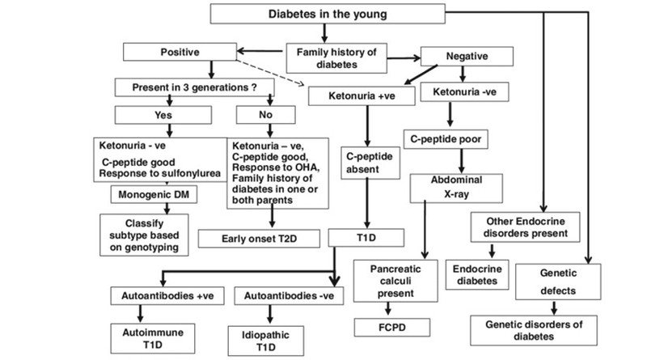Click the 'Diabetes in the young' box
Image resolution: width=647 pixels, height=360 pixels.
pyautogui.click(x=322, y=14)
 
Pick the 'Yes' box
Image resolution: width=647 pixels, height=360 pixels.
pyautogui.click(x=165, y=115)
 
